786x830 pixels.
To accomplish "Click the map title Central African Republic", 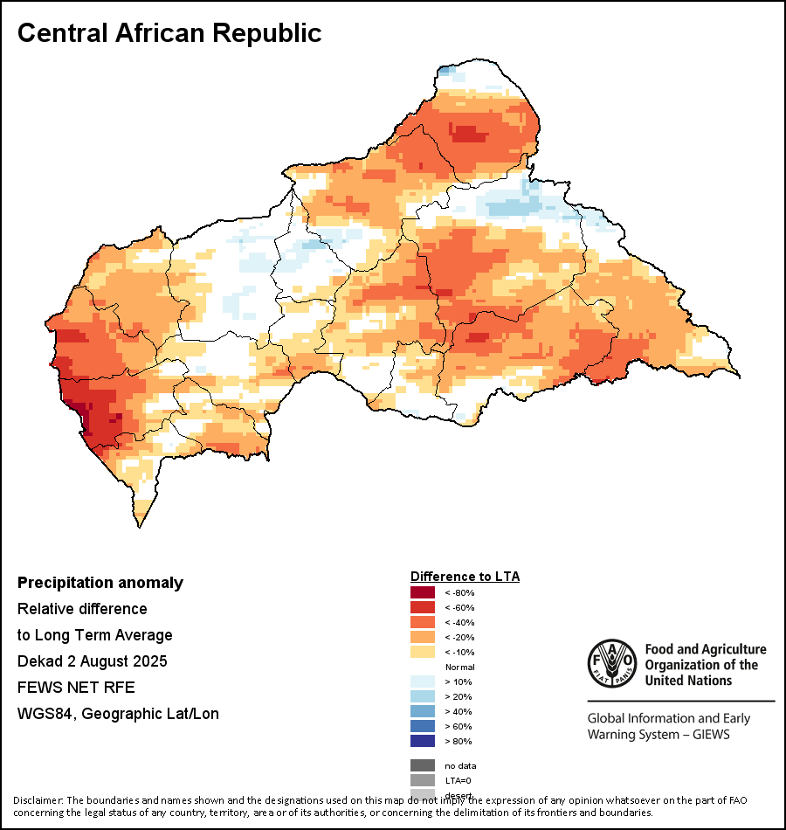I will tap(169, 33).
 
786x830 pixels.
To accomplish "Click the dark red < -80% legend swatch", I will tap(423, 592).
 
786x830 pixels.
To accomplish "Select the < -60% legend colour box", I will tap(423, 607).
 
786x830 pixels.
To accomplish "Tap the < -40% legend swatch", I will tap(423, 622).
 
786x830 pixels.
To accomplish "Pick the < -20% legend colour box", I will tap(423, 637).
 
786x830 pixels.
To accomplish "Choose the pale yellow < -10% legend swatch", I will tap(423, 652).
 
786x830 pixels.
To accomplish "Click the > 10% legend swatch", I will tap(423, 681).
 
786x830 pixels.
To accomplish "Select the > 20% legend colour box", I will tap(423, 696).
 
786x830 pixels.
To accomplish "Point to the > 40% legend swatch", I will tap(423, 711).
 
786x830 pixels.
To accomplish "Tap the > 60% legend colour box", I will tap(423, 726).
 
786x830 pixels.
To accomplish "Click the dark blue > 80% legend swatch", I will tap(423, 741).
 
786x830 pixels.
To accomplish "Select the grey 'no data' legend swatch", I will tap(423, 765).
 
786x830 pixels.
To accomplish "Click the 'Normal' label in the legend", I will tap(459, 667).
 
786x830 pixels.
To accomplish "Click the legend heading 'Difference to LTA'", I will tap(465, 577).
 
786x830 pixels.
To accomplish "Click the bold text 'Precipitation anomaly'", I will tap(100, 583).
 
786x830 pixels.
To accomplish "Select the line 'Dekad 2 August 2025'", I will tap(93, 661).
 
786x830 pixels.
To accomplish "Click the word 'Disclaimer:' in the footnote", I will tap(38, 800).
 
